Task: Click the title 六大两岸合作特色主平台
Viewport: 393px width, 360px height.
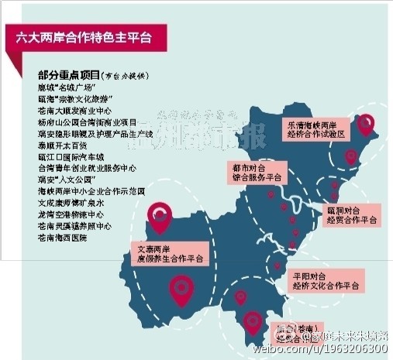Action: tap(87, 36)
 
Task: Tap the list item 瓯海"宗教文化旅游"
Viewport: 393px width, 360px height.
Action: tap(75, 100)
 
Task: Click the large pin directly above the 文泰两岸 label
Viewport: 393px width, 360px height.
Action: tap(160, 214)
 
